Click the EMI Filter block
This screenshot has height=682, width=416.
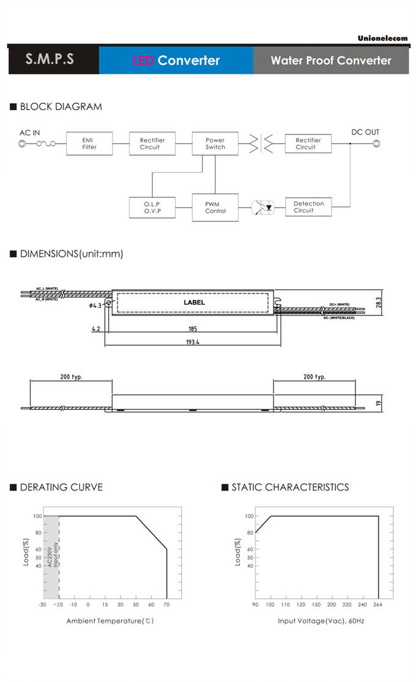point(89,144)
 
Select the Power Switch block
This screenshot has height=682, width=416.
point(215,144)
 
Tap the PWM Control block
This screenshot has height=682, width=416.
point(215,208)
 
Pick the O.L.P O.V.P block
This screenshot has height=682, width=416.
point(152,208)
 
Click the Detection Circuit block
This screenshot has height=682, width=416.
point(308,207)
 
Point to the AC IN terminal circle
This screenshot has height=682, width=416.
point(23,144)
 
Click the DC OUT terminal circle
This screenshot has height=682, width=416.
point(377,144)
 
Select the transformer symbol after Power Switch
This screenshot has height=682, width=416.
point(260,144)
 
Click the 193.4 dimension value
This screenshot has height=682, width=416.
point(193,342)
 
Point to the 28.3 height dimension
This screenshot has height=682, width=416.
point(379,302)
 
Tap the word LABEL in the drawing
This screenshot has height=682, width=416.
point(195,302)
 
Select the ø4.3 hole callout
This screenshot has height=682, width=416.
point(95,306)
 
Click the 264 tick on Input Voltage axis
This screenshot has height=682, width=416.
point(379,604)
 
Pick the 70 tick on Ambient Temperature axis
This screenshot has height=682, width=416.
point(166,604)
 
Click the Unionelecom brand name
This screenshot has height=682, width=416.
point(383,38)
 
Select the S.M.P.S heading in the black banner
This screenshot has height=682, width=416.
point(50,60)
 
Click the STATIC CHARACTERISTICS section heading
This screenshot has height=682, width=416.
point(290,487)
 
